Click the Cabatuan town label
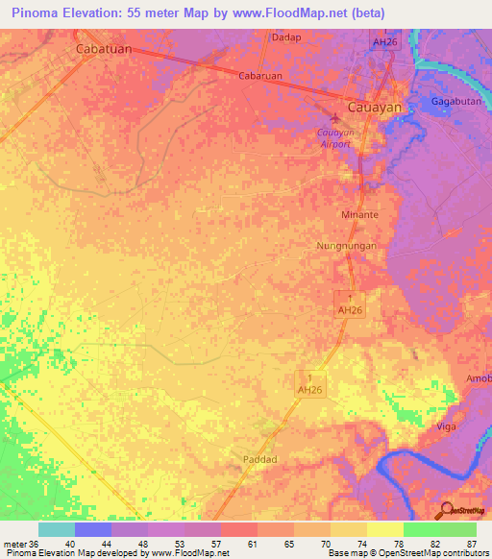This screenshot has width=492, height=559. (105, 46)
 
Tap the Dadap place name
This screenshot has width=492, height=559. (286, 37)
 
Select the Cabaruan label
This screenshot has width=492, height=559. (258, 77)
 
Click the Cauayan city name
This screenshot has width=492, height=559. (373, 109)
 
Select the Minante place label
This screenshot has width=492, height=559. (359, 215)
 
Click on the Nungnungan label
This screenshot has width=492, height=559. (347, 246)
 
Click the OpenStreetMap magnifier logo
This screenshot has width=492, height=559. (445, 509)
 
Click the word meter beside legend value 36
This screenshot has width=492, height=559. (15, 544)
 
